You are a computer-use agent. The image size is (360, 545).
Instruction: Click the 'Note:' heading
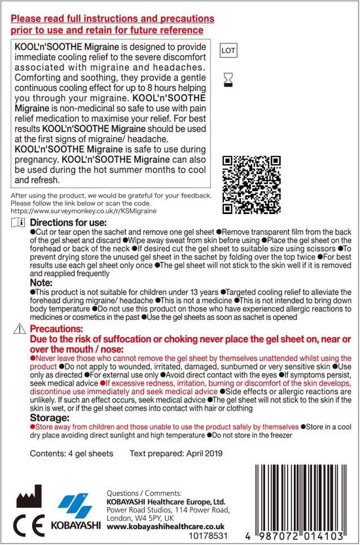point(41,283)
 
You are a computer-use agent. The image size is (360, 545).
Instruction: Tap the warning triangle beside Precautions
point(20,328)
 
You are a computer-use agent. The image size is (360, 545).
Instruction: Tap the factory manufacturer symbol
point(28,495)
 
